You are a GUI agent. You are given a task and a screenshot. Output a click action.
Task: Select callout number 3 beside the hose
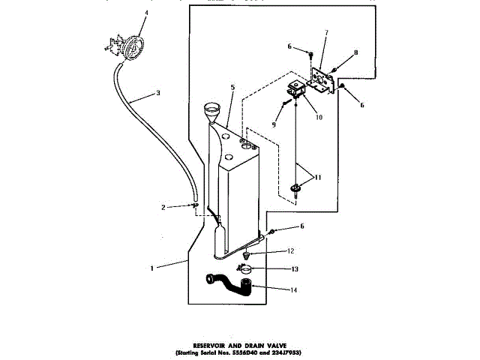coord(157,94)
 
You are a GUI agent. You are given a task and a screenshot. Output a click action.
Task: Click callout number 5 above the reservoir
coord(232,88)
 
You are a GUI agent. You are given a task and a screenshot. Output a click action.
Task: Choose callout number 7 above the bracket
coord(326,32)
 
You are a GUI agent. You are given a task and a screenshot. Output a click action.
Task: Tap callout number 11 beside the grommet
coord(319,178)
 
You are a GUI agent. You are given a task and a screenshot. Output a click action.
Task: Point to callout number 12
coord(290,250)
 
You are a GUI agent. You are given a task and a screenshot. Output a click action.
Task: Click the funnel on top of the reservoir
coord(211,115)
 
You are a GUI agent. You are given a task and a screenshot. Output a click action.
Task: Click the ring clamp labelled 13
coord(246,268)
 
